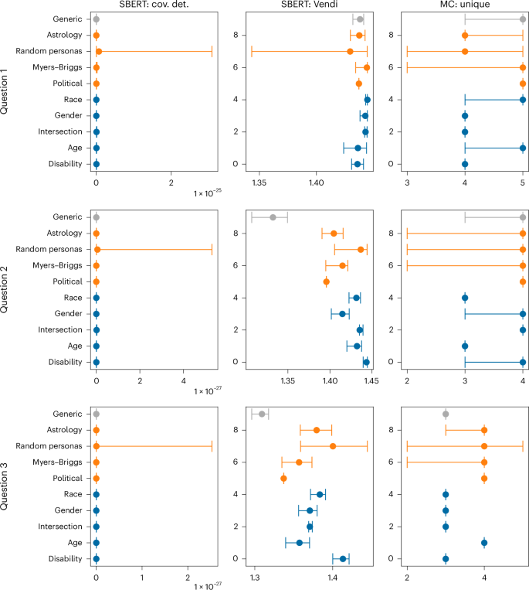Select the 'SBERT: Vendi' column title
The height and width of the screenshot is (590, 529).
(310, 5)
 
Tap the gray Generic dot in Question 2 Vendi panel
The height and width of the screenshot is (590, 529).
(273, 217)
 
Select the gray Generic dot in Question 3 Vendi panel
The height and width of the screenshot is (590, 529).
(262, 414)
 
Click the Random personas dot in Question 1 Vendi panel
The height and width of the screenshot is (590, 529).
(350, 51)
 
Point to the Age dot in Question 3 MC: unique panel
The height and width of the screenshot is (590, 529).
(484, 542)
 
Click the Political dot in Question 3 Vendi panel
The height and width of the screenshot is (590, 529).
(283, 478)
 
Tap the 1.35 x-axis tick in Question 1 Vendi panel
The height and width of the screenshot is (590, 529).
(259, 182)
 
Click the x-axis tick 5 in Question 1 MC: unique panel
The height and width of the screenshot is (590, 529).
(523, 182)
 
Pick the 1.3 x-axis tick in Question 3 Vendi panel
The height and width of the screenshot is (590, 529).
(255, 577)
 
